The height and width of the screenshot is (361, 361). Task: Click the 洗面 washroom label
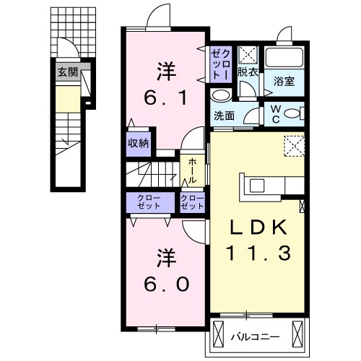[223, 115]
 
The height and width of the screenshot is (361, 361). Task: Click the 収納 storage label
[139, 143]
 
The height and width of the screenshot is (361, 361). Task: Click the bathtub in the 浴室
[284, 59]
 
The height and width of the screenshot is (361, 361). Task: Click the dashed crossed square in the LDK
[293, 146]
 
